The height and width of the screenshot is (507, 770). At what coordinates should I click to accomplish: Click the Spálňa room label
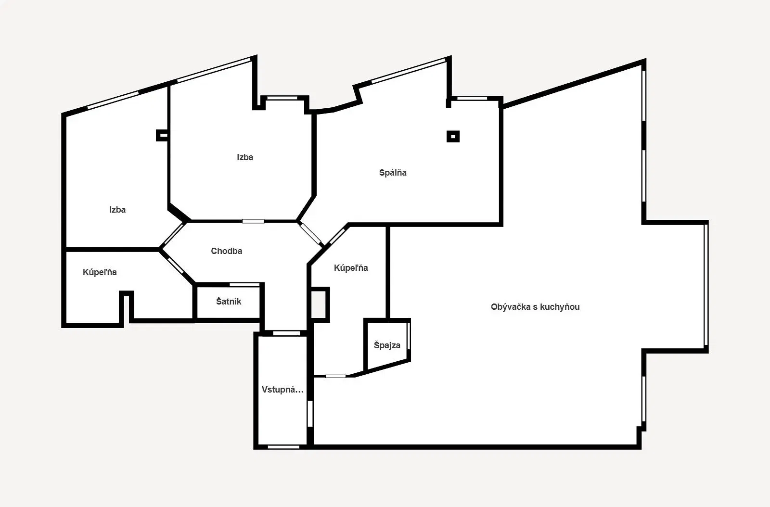tap(393, 172)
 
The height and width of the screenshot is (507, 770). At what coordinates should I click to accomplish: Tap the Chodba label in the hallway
tap(227, 251)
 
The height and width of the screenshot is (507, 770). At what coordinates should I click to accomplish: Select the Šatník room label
tap(229, 301)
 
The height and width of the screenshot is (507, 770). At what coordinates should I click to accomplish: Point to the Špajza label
tap(387, 345)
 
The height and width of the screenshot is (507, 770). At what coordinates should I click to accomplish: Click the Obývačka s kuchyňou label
tap(535, 307)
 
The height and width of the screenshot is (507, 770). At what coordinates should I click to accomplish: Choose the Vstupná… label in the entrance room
tap(282, 390)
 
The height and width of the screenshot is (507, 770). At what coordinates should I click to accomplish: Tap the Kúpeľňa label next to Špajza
tap(351, 267)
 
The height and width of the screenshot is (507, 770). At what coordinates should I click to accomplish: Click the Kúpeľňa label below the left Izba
tap(100, 272)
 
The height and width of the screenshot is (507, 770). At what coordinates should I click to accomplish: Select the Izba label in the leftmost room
tap(117, 210)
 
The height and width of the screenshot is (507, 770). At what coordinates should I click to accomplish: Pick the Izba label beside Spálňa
tap(245, 157)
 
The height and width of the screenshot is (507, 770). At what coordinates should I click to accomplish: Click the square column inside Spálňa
tap(453, 136)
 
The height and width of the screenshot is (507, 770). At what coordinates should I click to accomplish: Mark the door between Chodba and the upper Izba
tap(253, 221)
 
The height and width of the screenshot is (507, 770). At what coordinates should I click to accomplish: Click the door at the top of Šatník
tap(244, 285)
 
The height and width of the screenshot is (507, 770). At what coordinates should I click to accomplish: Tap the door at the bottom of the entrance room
tap(283, 447)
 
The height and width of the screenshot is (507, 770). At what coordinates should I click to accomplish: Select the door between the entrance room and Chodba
tap(286, 333)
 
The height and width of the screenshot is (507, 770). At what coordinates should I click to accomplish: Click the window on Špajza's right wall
tap(409, 336)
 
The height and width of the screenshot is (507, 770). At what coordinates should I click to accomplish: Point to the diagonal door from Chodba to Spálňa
tap(310, 234)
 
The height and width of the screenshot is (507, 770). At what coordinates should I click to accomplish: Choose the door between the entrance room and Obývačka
tap(310, 414)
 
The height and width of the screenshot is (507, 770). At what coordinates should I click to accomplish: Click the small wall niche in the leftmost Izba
tap(162, 135)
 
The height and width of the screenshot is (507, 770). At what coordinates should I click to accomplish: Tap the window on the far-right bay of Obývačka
tap(706, 285)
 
